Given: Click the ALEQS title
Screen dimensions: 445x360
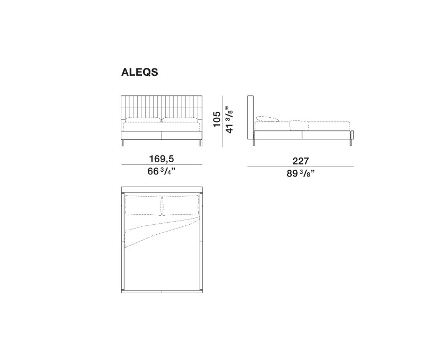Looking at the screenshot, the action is click(x=140, y=72).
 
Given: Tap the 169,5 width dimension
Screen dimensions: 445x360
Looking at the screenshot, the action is click(x=162, y=159).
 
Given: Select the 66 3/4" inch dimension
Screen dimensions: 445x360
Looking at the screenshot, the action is click(x=162, y=171).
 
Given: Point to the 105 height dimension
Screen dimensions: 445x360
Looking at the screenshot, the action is click(x=217, y=119).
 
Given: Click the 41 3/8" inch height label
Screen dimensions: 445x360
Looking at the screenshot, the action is click(x=229, y=120).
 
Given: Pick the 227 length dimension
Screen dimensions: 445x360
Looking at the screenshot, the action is click(x=300, y=161).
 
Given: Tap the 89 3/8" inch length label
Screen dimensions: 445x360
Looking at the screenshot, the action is click(x=300, y=173).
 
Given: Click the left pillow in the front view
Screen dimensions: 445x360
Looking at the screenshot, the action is click(x=144, y=120).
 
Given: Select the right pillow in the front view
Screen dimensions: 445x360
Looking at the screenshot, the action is click(x=180, y=120).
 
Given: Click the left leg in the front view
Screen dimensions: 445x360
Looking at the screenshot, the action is click(x=123, y=143).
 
